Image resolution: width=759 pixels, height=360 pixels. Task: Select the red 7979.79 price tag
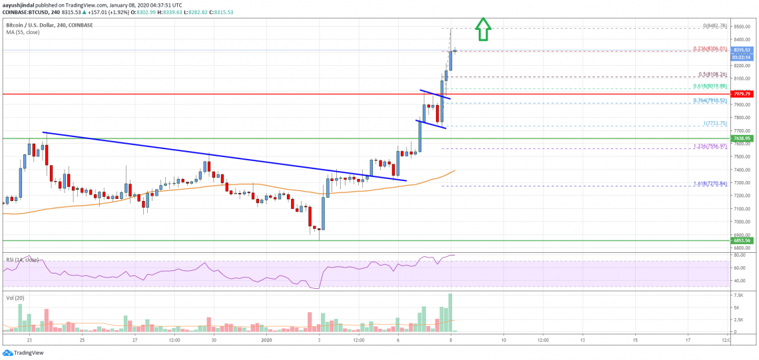[740, 94]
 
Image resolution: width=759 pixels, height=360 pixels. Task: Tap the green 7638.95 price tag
[740, 138]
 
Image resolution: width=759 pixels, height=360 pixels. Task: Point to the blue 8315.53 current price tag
[740, 50]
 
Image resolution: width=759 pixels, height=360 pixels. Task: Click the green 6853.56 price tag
[740, 241]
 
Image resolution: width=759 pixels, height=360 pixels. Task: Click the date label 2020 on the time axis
[266, 339]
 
